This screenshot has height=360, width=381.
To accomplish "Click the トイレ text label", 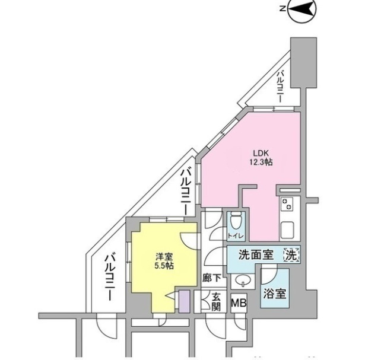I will click(x=235, y=235).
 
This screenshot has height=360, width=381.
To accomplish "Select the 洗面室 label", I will click(x=255, y=256).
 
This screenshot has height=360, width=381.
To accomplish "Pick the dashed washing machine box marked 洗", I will click(x=291, y=255).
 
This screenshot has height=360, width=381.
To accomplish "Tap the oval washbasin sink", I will click(x=243, y=279).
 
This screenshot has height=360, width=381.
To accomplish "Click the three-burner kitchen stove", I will click(x=287, y=205).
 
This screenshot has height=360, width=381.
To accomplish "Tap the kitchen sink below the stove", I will click(x=287, y=229).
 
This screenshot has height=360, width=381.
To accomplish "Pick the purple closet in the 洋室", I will click(x=184, y=301).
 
